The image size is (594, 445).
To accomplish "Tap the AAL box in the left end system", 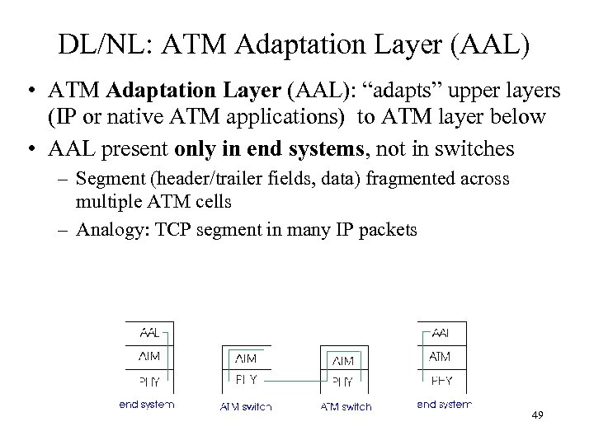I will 150,333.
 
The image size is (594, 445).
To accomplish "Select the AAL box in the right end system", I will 440,333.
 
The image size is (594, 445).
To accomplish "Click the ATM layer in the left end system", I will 150,357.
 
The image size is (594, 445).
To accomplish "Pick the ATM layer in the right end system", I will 440,357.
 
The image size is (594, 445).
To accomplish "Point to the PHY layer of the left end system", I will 150,382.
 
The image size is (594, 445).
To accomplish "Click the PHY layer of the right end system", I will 440,382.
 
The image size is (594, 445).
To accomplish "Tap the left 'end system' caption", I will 147,405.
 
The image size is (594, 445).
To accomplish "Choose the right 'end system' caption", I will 443,405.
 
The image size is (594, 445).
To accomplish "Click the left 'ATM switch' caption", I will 246,406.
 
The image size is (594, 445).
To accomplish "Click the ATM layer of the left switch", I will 246,358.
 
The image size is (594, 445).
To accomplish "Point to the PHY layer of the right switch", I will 342,382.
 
